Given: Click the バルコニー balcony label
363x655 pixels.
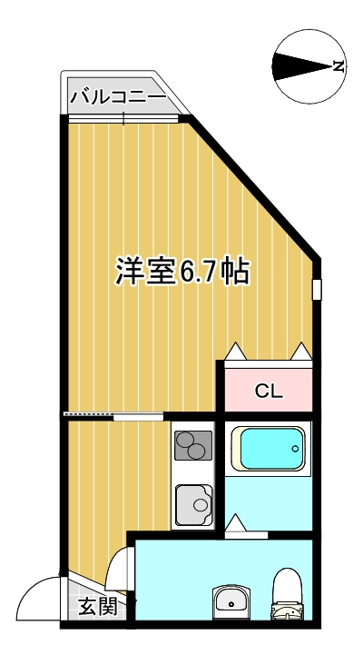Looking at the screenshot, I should click(x=118, y=96).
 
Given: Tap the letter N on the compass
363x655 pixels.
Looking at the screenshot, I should click(x=338, y=65).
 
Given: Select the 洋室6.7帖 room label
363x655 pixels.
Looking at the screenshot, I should click(x=182, y=270).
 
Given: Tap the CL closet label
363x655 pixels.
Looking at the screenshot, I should click(x=269, y=392).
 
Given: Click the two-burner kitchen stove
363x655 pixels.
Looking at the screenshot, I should click(x=193, y=447).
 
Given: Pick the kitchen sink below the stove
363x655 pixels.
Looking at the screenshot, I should click(x=193, y=503).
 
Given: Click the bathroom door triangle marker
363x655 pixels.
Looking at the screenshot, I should click(x=236, y=524).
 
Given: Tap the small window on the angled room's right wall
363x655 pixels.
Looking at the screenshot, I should click(x=317, y=289).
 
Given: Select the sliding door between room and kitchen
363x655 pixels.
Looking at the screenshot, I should click(x=113, y=416).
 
